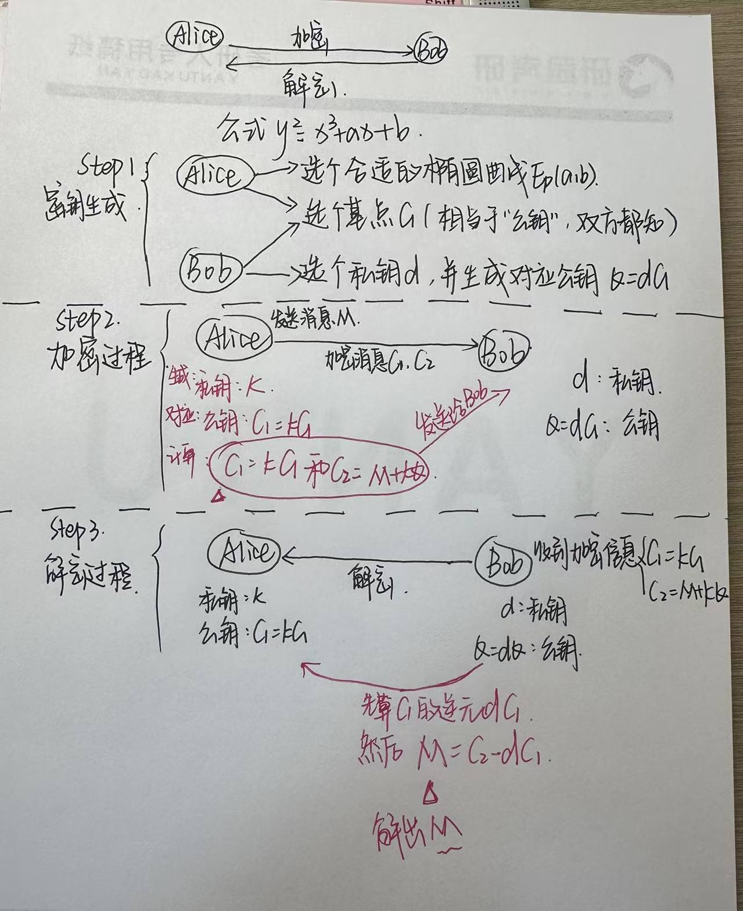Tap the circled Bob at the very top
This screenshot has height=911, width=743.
pyautogui.click(x=432, y=52)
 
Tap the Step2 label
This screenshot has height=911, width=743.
pyautogui.click(x=88, y=319)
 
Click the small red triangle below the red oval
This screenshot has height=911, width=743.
pyautogui.click(x=219, y=495)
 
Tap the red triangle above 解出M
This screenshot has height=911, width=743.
pyautogui.click(x=430, y=794)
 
